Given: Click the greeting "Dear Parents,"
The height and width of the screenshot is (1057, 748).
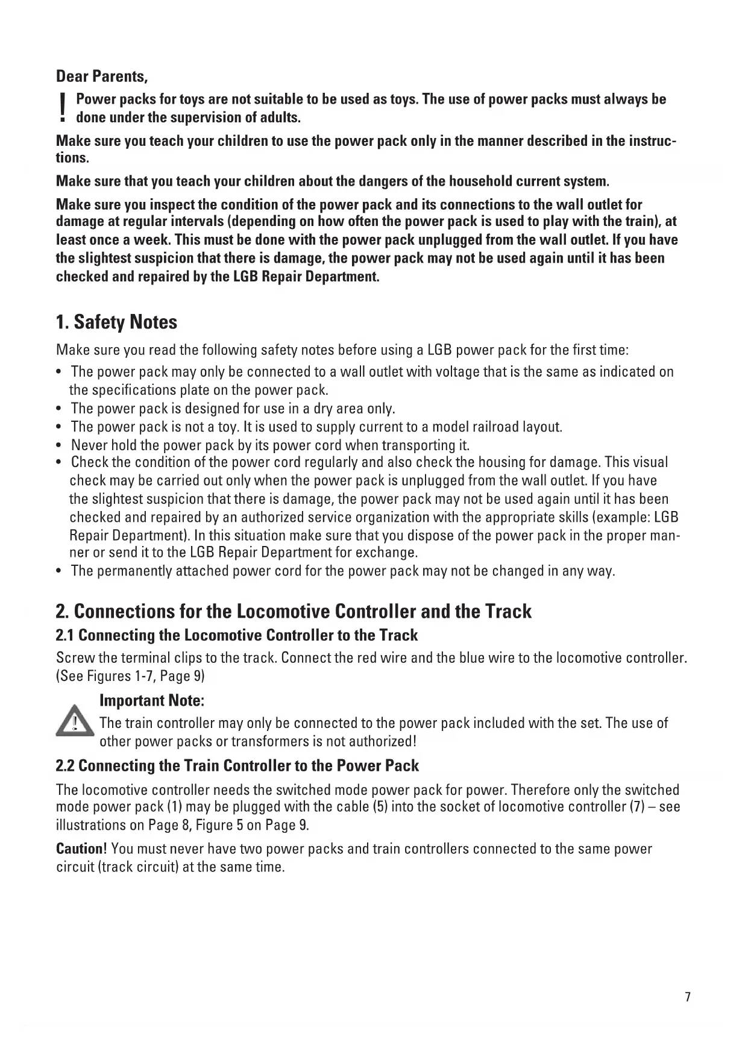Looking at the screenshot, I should click(102, 77).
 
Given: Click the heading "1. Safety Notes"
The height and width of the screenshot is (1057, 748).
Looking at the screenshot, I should click(116, 322).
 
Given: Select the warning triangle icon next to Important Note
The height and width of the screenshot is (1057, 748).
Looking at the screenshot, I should click(74, 722).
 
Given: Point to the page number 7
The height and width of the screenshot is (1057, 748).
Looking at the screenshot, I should click(688, 997).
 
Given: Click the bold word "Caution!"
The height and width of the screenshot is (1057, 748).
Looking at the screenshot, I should click(81, 849).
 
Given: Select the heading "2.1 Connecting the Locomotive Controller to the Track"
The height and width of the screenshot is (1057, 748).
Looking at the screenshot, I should click(236, 635).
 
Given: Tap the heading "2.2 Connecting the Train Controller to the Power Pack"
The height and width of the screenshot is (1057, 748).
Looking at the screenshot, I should click(237, 766).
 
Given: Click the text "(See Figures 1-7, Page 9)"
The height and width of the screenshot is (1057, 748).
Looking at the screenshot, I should click(130, 676).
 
